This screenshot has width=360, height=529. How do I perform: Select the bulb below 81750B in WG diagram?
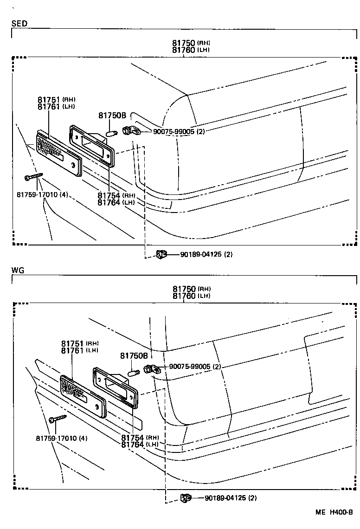point(134,373)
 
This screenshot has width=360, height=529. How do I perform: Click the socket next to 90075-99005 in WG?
point(151,369)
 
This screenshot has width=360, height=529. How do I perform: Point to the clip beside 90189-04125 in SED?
point(161,254)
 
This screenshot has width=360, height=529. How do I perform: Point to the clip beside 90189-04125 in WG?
point(186,498)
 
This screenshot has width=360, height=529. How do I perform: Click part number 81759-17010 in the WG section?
point(61,438)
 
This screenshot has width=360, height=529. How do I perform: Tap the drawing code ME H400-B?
point(334,512)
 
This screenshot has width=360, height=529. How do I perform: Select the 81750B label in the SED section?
point(112,116)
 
